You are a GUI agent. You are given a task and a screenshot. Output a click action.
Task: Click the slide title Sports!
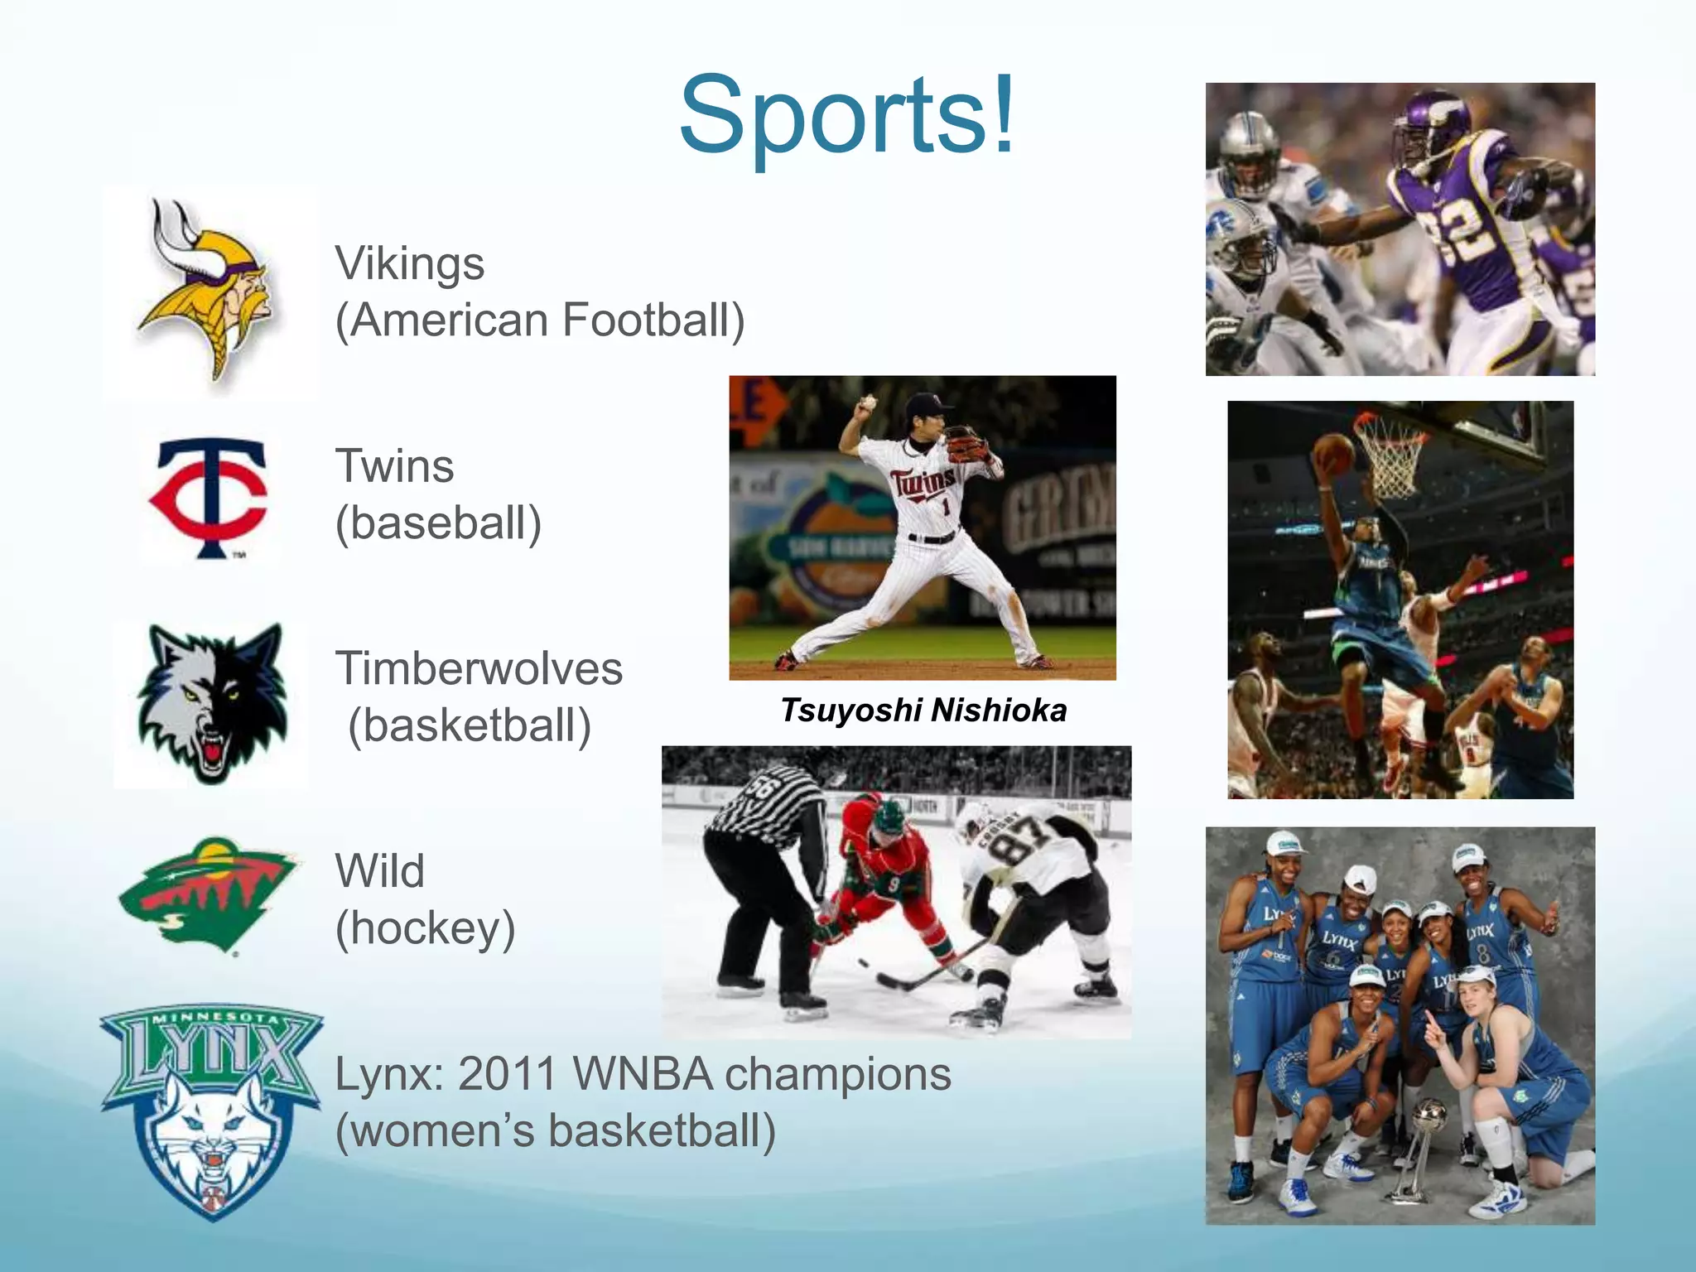tap(846, 115)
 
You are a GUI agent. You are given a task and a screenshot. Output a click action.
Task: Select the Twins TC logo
tap(210, 497)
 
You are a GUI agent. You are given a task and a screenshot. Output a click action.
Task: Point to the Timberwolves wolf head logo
tap(212, 704)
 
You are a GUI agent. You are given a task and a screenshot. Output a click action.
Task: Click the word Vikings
tap(409, 265)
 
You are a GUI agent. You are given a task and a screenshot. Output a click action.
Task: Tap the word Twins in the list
tap(394, 466)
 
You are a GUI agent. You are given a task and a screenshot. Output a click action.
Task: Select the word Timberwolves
tap(479, 669)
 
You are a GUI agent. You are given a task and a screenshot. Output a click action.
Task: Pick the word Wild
tap(380, 871)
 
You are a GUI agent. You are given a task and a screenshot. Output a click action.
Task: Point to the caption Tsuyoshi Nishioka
tap(923, 711)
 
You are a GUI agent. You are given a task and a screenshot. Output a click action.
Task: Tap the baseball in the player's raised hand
tap(868, 403)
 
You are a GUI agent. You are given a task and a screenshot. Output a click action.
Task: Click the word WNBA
tap(642, 1074)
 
